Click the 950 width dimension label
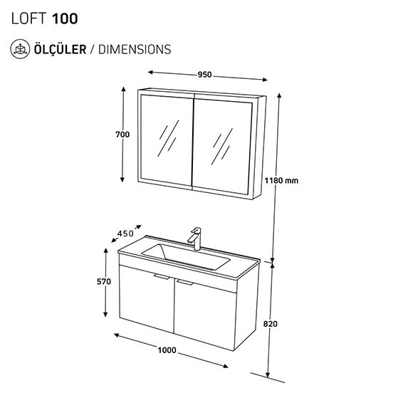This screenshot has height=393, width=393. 205,75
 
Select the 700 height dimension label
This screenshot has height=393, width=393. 122,135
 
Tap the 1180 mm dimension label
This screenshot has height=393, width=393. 281,180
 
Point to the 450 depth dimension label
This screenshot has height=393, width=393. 125,234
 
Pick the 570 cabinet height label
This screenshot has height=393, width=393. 104,281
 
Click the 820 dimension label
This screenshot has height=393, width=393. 271,324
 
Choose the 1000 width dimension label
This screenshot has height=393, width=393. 167,350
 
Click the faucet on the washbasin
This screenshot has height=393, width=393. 195,239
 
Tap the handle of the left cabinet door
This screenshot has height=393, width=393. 162,276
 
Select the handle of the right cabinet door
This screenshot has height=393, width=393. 184,282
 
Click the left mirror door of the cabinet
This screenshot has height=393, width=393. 167,140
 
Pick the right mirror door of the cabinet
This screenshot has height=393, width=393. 223,146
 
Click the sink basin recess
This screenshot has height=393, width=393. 186,256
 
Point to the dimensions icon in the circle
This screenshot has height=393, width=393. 20,49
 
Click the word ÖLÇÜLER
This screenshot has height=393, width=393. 60,49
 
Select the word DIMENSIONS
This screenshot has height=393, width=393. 135,49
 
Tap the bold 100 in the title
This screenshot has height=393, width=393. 65,19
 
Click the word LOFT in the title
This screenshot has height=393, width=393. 28,19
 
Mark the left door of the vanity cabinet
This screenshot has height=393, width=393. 147,299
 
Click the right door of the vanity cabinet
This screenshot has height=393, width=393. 205,314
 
